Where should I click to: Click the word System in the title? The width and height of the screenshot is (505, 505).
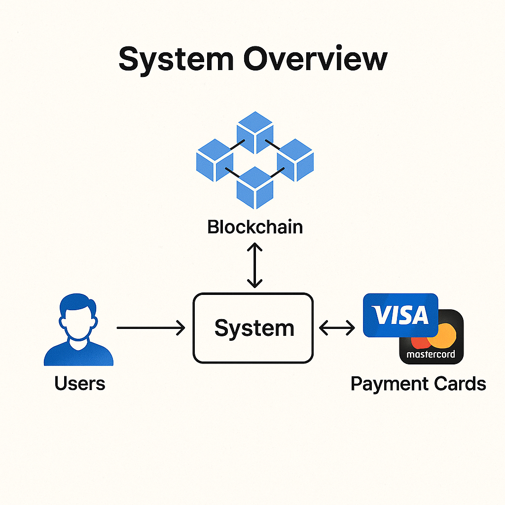[176, 59]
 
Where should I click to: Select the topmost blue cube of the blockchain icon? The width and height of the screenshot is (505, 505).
[254, 133]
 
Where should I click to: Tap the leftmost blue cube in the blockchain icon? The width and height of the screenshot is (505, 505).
[215, 160]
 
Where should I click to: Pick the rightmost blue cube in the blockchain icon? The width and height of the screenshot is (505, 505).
[295, 160]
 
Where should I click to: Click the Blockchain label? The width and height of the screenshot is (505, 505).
[254, 227]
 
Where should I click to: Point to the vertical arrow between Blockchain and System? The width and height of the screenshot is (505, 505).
[254, 265]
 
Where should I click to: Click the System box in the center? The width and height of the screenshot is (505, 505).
[252, 328]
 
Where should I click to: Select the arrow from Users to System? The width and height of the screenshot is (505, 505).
[150, 327]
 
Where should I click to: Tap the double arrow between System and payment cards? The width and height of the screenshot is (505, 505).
[337, 327]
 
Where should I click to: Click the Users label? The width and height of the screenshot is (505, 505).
[80, 383]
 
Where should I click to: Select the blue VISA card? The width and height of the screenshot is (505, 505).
[399, 315]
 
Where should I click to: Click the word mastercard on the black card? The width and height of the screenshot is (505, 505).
[431, 355]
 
